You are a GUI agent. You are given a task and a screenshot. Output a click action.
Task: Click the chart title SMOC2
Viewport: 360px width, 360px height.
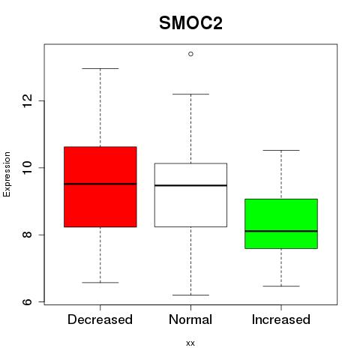pyautogui.click(x=190, y=23)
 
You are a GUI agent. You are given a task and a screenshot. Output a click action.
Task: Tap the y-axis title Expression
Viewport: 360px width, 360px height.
pyautogui.click(x=7, y=174)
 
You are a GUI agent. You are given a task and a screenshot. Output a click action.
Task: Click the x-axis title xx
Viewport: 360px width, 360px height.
pyautogui.click(x=190, y=343)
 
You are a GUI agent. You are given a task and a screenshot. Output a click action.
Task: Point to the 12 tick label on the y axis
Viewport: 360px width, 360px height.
pyautogui.click(x=28, y=100)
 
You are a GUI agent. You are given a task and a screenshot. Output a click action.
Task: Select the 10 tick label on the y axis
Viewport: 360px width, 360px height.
pyautogui.click(x=28, y=167)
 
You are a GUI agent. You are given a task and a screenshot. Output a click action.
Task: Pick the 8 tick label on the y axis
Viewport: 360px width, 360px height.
pyautogui.click(x=28, y=235)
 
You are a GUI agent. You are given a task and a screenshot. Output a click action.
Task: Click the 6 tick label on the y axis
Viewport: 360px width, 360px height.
pyautogui.click(x=28, y=301)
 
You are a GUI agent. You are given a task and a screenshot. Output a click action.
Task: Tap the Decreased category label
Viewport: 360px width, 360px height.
pyautogui.click(x=100, y=319)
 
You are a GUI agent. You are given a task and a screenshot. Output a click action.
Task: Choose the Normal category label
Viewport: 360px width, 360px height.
pyautogui.click(x=190, y=319)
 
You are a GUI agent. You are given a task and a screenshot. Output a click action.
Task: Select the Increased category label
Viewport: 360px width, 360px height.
pyautogui.click(x=281, y=319)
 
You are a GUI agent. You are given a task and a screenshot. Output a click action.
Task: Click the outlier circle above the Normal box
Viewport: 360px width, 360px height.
pyautogui.click(x=190, y=54)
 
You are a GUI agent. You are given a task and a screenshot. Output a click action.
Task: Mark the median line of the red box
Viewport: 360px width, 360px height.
pyautogui.click(x=100, y=184)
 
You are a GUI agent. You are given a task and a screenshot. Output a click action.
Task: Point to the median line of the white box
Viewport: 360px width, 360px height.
pyautogui.click(x=190, y=185)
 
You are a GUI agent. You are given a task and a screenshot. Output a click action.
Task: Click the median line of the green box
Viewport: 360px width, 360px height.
pyautogui.click(x=281, y=231)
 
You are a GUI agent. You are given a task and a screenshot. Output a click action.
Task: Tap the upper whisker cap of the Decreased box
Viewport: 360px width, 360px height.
pyautogui.click(x=100, y=68)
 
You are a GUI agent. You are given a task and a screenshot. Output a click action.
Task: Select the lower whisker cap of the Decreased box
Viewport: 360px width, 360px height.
pyautogui.click(x=100, y=283)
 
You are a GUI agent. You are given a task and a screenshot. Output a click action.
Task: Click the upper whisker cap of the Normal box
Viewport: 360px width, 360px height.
pyautogui.click(x=190, y=94)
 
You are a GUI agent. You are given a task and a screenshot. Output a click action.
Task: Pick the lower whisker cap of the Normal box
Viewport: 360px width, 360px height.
pyautogui.click(x=190, y=295)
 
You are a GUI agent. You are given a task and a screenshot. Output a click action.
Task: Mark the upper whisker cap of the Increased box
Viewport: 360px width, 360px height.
pyautogui.click(x=281, y=150)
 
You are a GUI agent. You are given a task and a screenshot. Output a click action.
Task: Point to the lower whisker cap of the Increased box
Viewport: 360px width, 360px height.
pyautogui.click(x=281, y=286)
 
